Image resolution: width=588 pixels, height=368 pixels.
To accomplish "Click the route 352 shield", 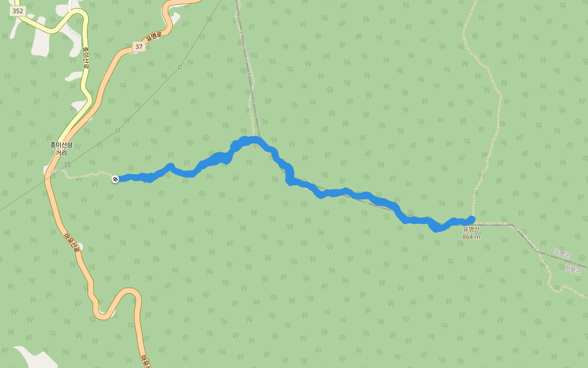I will pyautogui.click(x=17, y=11).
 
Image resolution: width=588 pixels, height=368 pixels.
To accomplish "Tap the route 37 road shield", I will pyautogui.click(x=139, y=47).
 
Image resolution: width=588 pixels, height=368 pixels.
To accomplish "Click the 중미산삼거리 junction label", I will pyautogui.click(x=61, y=148).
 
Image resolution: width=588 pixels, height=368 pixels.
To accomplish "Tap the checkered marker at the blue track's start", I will pyautogui.click(x=115, y=179).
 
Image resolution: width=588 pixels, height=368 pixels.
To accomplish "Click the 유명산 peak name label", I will pyautogui.click(x=472, y=230).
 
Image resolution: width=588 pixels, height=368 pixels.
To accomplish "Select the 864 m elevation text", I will pyautogui.click(x=471, y=237).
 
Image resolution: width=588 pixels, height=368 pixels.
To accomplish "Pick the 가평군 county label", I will pyautogui.click(x=561, y=253).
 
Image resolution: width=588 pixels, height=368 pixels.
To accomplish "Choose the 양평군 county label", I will pyautogui.click(x=571, y=268).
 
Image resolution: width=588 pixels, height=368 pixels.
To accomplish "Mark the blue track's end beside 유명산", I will pyautogui.click(x=471, y=219).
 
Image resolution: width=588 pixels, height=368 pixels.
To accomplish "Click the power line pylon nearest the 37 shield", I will pyautogui.click(x=179, y=67).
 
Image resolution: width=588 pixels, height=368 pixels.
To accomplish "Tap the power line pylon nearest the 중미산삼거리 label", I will pyautogui.click(x=67, y=164).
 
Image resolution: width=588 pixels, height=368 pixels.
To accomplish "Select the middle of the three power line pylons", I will pyautogui.click(x=118, y=130).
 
